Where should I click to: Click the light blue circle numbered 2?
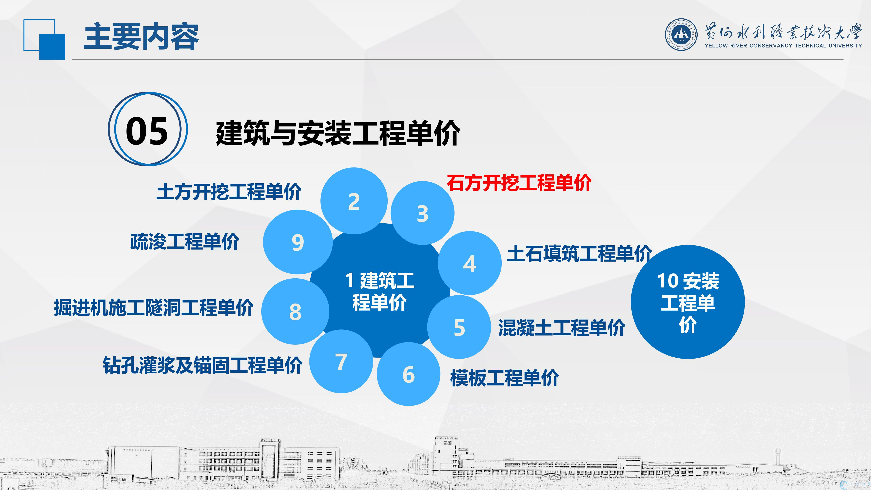tap(354, 201)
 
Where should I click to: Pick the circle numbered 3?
tap(422, 213)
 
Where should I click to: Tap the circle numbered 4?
tap(470, 263)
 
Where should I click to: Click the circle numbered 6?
tap(408, 374)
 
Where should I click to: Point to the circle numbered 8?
tap(295, 311)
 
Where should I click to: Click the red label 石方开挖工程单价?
tap(519, 183)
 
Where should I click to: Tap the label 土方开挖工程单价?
tap(229, 192)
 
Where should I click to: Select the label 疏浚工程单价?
tap(185, 242)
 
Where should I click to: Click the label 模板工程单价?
tap(504, 378)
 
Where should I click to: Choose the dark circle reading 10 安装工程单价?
tap(688, 302)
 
